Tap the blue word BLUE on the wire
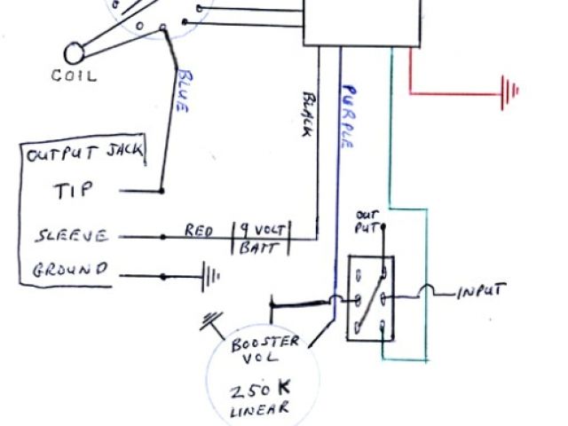tap(183, 90)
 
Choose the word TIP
tap(73, 191)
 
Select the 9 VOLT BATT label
tap(263, 239)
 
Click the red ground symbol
tap(509, 91)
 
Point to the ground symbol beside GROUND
tap(209, 275)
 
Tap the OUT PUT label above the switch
tap(367, 221)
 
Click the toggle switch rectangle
tap(370, 298)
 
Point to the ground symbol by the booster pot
tap(213, 320)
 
